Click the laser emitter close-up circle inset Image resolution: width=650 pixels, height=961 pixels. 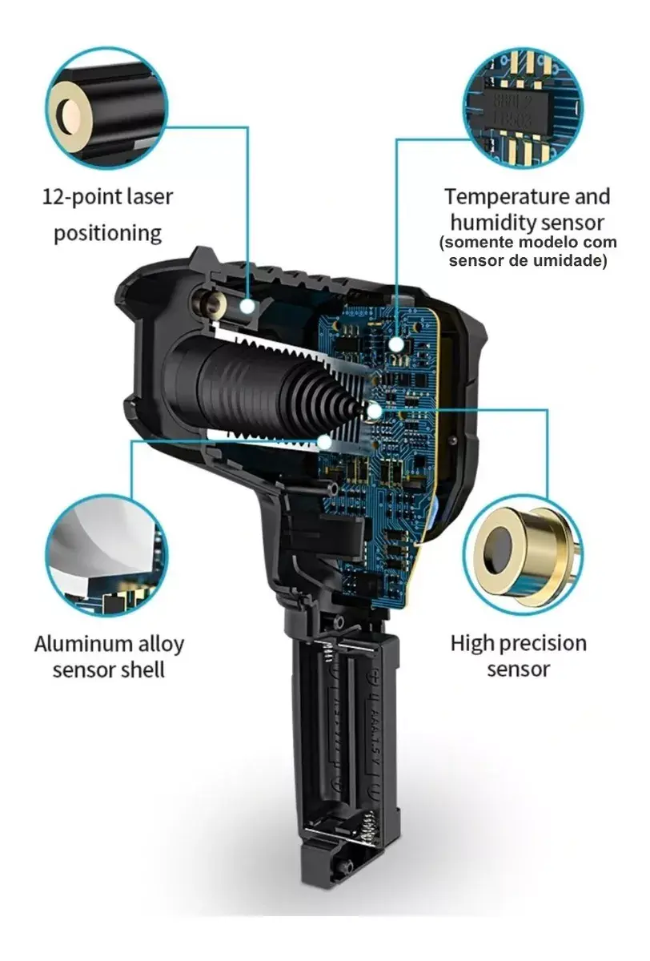[x=107, y=108]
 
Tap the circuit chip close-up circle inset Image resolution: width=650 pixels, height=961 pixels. [x=523, y=108]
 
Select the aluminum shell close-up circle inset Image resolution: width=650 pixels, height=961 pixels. [x=107, y=556]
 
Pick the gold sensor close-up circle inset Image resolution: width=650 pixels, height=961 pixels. [x=523, y=556]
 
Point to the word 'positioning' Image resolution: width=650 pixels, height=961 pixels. [x=107, y=234]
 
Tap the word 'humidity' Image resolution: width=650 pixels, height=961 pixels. [x=492, y=223]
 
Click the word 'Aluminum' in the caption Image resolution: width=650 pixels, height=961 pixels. [x=77, y=644]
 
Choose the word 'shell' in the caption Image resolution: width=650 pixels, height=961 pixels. [x=142, y=669]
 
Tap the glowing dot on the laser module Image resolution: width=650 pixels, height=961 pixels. [x=247, y=307]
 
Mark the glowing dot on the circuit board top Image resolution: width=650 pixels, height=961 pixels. [x=396, y=344]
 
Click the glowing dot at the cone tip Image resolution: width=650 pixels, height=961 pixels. [x=375, y=412]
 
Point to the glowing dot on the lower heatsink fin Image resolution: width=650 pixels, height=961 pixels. [x=324, y=442]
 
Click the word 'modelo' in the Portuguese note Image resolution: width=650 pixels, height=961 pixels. [x=547, y=243]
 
